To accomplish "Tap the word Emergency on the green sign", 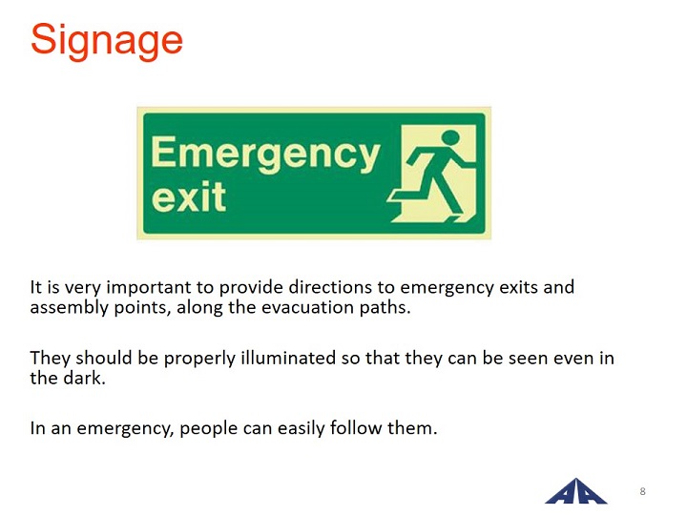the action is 265,154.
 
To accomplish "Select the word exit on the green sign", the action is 188,197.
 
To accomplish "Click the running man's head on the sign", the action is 450,137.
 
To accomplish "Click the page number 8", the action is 643,491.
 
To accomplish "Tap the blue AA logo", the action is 576,491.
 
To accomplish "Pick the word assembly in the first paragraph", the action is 70,308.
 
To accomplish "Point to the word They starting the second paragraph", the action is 51,360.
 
